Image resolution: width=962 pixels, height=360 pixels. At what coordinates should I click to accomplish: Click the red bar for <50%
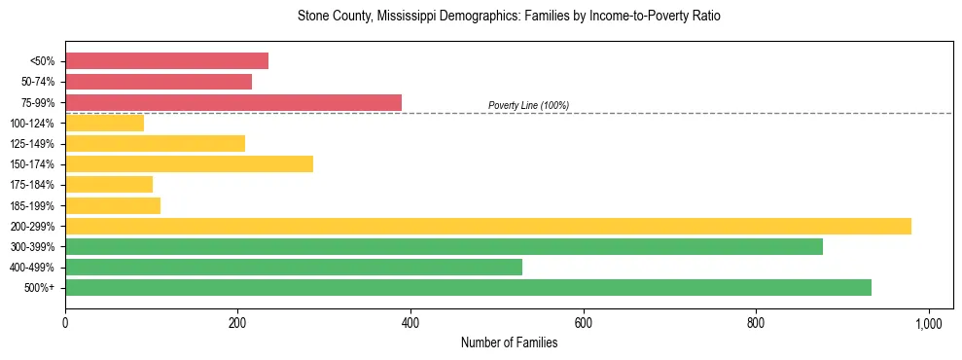pos(166,61)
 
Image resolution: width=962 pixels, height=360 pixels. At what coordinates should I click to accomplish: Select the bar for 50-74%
pos(159,82)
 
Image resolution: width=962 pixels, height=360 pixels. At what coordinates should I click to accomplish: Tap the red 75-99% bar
pos(233,102)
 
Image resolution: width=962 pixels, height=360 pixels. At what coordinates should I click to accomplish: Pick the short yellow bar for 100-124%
pos(104,123)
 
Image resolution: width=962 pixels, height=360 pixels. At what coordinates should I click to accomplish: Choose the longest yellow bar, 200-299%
pos(488,226)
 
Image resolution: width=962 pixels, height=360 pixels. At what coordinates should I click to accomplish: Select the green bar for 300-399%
pos(444,246)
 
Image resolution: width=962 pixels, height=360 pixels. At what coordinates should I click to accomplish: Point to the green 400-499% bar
pos(294,267)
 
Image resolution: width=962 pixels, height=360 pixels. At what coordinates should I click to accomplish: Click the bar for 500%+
pos(468,287)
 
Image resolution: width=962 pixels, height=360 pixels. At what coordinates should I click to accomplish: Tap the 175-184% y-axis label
pos(32,185)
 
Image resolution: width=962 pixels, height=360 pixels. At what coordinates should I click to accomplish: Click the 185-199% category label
pos(32,205)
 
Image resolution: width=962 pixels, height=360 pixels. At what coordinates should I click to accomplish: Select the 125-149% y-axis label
pos(32,144)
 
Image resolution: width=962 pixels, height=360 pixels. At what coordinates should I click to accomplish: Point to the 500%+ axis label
pos(39,288)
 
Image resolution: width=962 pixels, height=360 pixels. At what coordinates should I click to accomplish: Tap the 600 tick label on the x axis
pos(583,323)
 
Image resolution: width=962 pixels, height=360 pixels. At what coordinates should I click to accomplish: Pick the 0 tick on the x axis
pos(65,323)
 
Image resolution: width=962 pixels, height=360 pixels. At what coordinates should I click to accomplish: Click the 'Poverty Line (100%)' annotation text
pos(528,105)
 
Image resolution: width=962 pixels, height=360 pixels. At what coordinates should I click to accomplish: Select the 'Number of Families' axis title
pos(509,342)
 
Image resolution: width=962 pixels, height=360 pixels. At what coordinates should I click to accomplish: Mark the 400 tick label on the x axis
pos(410,323)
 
